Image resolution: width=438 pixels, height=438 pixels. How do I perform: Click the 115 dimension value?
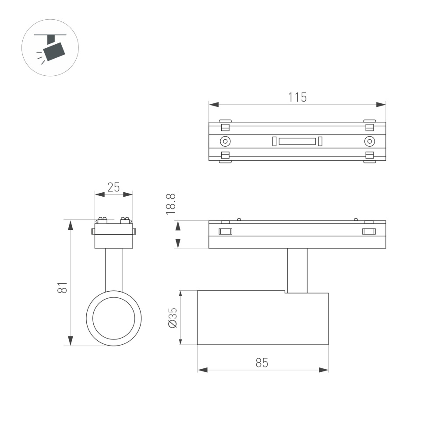coord(297,97)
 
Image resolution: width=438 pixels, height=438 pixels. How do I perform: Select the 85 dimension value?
coord(262,363)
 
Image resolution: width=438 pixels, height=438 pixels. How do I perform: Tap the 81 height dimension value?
coord(63,287)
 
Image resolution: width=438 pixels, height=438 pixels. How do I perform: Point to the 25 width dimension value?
coord(113,187)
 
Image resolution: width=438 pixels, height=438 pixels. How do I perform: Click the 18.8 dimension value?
coord(171,204)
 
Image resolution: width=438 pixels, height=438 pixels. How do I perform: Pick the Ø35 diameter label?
coord(173,318)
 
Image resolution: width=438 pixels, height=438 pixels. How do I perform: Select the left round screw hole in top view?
coord(225,141)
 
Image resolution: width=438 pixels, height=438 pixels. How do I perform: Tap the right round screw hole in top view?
coord(369,141)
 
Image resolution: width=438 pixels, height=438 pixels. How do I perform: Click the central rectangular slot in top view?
coord(297,141)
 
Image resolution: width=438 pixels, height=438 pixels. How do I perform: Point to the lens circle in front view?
coord(113,318)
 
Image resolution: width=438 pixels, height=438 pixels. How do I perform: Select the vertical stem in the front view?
coord(113,269)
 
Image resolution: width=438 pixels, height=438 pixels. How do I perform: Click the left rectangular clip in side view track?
coord(225,232)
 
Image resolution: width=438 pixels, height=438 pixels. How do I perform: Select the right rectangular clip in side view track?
coord(369,232)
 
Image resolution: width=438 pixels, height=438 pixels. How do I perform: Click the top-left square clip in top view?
coord(225,127)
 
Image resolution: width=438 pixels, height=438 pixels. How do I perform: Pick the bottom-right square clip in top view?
coord(369,155)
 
